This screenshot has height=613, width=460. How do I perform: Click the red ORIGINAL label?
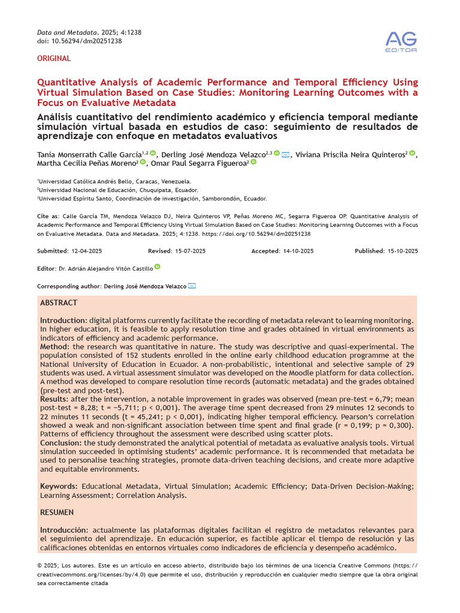(x=54, y=59)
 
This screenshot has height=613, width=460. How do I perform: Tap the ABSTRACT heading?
(x=59, y=304)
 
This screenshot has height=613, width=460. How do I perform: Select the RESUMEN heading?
(x=57, y=512)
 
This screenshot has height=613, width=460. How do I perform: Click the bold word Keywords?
(x=59, y=486)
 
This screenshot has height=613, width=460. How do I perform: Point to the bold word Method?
(x=55, y=347)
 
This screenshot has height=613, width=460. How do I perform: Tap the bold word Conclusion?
(x=61, y=442)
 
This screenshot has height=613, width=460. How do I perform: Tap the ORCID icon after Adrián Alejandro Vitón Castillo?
(x=158, y=268)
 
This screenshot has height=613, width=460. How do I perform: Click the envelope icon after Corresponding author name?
(x=192, y=286)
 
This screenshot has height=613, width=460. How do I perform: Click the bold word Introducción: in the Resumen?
(x=64, y=530)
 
